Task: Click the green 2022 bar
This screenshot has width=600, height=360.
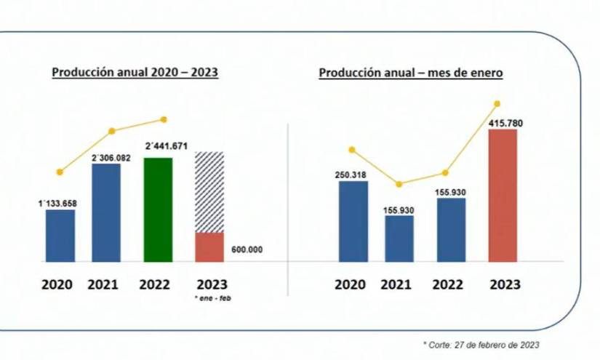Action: coord(158,209)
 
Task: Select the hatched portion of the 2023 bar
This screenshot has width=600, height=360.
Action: coord(209,192)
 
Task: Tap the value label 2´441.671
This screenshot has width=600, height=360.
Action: coord(167,146)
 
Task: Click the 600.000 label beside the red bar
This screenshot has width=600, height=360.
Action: coord(247,250)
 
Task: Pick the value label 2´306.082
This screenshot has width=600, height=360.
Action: coord(111,157)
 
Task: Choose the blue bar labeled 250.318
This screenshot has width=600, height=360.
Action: coord(353,221)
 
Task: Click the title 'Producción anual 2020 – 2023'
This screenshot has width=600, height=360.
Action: coord(135,73)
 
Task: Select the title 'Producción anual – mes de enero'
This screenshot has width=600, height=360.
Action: coord(411,73)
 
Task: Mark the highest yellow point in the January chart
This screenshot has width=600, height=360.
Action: coord(497,104)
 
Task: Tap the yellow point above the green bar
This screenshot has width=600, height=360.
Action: coord(164,119)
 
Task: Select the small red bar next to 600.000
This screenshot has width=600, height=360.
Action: coord(209,247)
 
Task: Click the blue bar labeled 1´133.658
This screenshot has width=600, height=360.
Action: coord(60,236)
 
